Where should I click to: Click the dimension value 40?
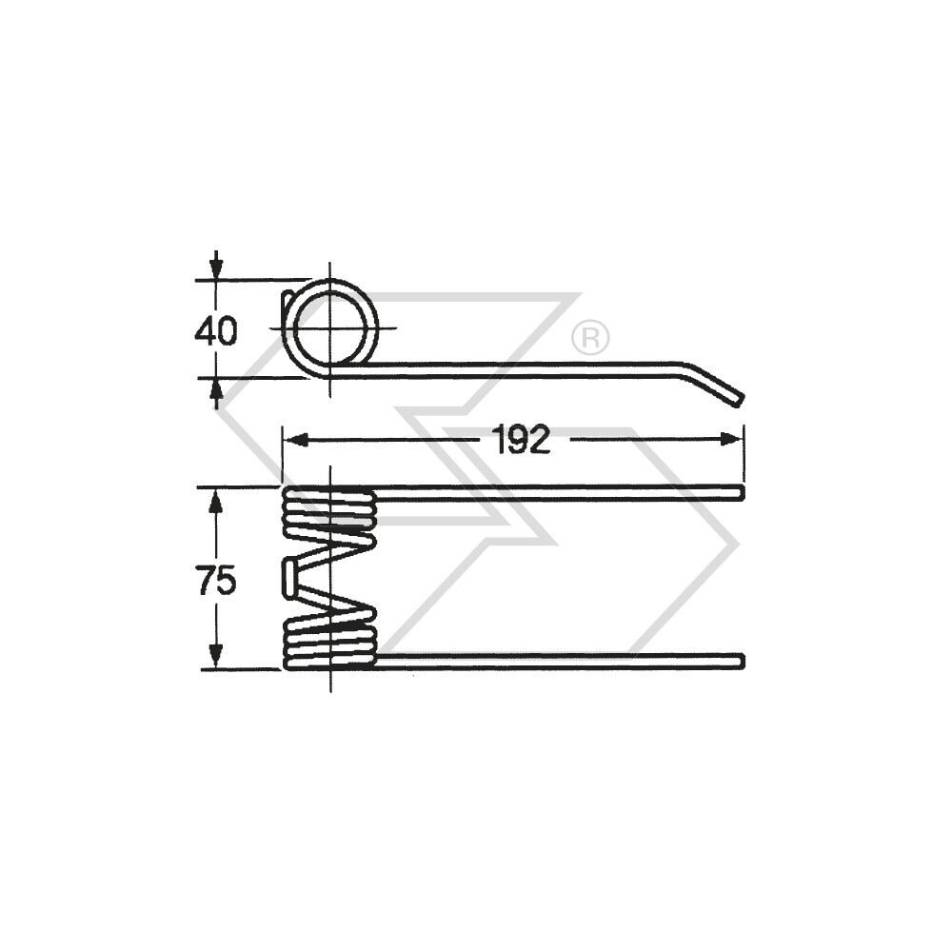coord(215,331)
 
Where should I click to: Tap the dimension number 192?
coord(522,439)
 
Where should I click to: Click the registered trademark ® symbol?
coord(590,338)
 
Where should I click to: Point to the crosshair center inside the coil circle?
coord(330,327)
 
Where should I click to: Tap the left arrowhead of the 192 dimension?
coord(294,439)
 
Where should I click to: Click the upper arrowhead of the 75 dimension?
coord(216,499)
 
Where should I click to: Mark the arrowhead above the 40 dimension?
coord(216,266)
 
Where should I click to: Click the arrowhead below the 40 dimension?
coord(216,390)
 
